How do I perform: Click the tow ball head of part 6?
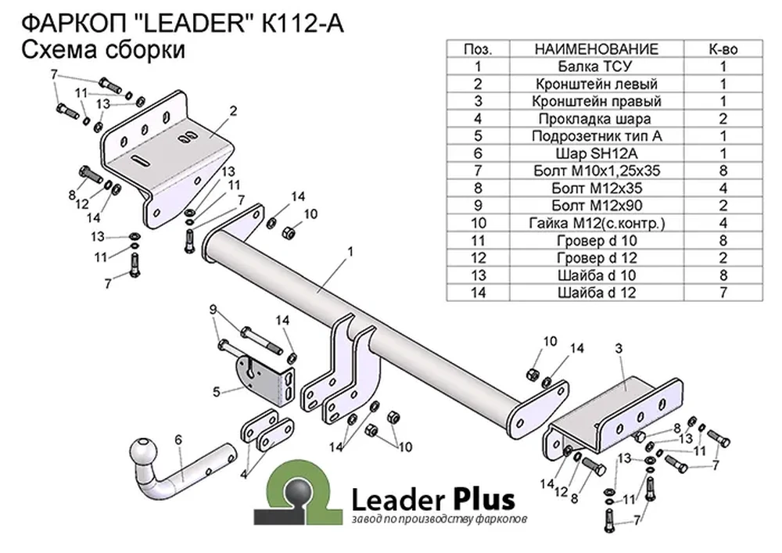pyautogui.click(x=144, y=452)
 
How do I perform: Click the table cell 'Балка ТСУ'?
pyautogui.click(x=596, y=66)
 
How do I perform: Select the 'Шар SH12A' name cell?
pyautogui.click(x=596, y=153)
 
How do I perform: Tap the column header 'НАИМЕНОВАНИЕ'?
pyautogui.click(x=596, y=48)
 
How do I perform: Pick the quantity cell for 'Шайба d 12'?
pyautogui.click(x=723, y=293)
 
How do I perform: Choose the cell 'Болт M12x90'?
pyautogui.click(x=596, y=206)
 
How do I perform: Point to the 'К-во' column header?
pyautogui.click(x=723, y=48)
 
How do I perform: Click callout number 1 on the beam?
pyautogui.click(x=350, y=252)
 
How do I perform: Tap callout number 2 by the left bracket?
pyautogui.click(x=233, y=111)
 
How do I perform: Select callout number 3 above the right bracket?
pyautogui.click(x=619, y=349)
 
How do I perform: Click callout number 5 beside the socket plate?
pyautogui.click(x=216, y=392)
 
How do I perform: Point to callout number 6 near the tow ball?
pyautogui.click(x=178, y=440)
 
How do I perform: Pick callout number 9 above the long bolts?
pyautogui.click(x=213, y=310)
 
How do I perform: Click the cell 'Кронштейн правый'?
pyautogui.click(x=596, y=101)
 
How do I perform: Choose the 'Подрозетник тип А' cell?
pyautogui.click(x=596, y=136)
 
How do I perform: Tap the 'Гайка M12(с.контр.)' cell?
pyautogui.click(x=596, y=223)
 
